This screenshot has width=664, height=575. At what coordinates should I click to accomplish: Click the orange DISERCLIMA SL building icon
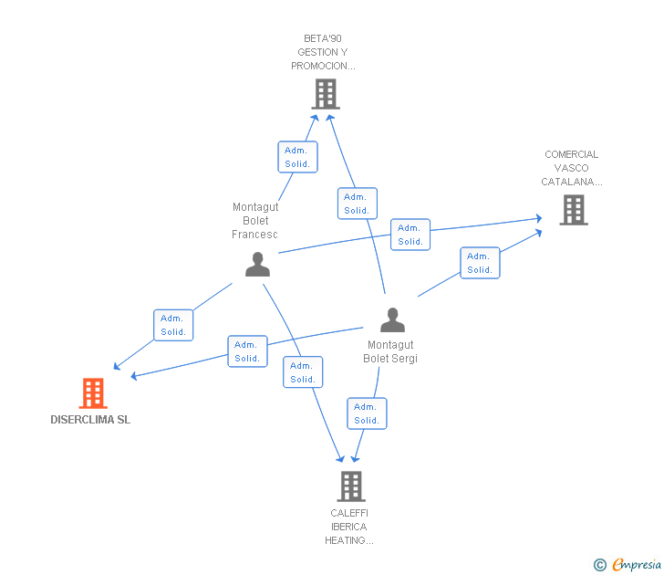click(92, 393)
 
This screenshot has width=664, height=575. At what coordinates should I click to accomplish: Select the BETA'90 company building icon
click(325, 94)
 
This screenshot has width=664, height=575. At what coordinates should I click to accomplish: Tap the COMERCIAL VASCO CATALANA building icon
click(573, 210)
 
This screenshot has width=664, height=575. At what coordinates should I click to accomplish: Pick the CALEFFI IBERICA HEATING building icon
click(351, 486)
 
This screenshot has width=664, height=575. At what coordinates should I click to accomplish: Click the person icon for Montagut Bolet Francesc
click(258, 264)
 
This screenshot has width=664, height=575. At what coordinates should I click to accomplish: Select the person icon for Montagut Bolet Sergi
click(392, 320)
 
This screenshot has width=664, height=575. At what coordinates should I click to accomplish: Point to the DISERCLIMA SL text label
click(90, 421)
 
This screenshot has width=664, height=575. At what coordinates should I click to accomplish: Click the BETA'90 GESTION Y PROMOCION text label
click(324, 52)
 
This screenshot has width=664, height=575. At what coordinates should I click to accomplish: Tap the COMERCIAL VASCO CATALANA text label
click(572, 168)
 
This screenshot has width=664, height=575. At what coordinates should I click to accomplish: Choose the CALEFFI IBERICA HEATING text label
click(349, 527)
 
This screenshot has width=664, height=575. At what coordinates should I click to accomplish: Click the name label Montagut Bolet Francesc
click(255, 221)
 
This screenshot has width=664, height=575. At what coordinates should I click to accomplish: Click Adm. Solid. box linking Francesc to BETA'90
click(297, 157)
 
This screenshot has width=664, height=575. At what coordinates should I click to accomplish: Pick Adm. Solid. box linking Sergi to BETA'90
click(357, 204)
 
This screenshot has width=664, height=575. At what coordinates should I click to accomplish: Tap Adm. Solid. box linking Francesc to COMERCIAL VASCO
click(410, 235)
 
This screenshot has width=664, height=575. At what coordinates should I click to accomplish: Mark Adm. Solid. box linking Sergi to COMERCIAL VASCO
click(480, 263)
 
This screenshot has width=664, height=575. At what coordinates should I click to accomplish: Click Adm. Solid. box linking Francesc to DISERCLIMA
click(173, 325)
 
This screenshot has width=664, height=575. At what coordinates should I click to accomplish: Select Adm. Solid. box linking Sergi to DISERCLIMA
click(247, 351)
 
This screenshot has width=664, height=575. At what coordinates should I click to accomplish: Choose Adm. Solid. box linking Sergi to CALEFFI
click(367, 413)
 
